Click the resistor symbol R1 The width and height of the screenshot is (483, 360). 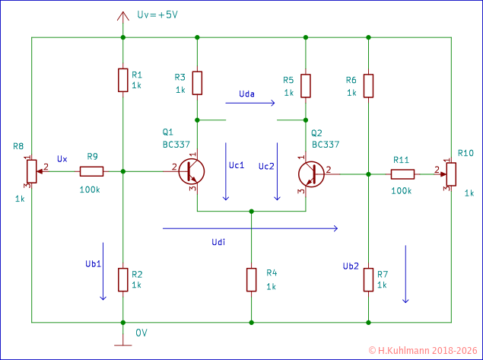coord(122,80)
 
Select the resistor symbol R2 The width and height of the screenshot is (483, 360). coord(122,279)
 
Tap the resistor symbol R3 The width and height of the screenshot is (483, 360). coord(197,82)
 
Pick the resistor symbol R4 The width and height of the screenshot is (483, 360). coord(251,279)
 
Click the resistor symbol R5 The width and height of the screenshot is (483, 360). coord(305,85)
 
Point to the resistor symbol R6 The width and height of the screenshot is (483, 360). coord(368,85)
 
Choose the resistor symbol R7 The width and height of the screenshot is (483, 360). coord(368,279)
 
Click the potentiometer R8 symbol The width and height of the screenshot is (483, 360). coord(30,171)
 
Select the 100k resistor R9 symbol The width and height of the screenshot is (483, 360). coord(91,171)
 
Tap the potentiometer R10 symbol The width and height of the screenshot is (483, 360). coord(450,174)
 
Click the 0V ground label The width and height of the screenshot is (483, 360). coord(141,333)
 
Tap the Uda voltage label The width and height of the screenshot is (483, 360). coord(246,94)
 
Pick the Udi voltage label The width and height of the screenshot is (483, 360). coord(218,241)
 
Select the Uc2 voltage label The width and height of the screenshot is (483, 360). coord(266,166)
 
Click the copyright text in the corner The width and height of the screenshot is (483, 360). coord(423,351)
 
